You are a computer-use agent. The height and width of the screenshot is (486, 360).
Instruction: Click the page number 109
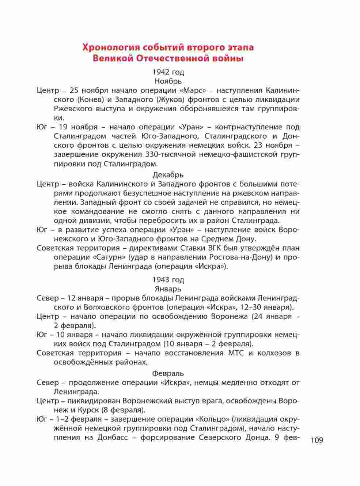point(317,440)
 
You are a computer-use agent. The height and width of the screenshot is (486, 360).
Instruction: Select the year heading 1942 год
point(168,72)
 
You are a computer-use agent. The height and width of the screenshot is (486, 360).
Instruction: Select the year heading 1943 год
point(168,280)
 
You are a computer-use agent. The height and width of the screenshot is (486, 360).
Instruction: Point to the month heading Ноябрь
point(168,81)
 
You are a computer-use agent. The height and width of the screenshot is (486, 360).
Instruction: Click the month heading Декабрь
point(168,174)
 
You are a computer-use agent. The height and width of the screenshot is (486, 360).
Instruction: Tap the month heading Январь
point(168,289)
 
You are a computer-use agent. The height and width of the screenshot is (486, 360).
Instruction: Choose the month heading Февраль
point(168,373)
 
